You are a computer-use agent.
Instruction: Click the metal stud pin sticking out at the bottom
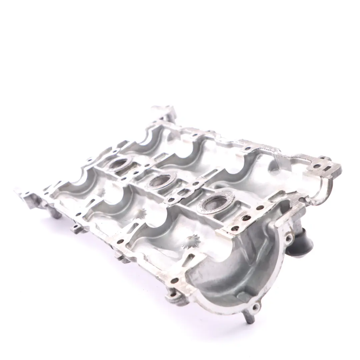(x=250, y=318)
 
